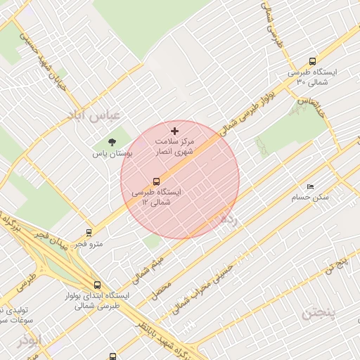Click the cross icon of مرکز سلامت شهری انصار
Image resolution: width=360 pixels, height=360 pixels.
175,131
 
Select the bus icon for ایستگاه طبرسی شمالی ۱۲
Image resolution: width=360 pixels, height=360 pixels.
157,181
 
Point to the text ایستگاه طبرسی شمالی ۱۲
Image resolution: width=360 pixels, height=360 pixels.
156,197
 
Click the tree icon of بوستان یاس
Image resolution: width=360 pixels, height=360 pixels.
112,142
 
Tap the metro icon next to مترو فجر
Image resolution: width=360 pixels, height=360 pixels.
89,232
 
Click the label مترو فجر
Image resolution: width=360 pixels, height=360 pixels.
89,244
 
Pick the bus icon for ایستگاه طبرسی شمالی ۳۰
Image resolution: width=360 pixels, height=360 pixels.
312,61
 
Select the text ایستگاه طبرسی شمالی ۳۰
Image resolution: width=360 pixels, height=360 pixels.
312,77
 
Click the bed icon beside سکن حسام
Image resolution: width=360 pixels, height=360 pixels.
310,186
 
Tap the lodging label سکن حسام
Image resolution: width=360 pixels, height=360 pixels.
310,198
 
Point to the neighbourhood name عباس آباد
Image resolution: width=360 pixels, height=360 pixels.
94,114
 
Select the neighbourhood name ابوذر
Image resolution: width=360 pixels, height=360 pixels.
30,340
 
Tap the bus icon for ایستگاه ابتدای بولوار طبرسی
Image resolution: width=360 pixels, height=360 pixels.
96,285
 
